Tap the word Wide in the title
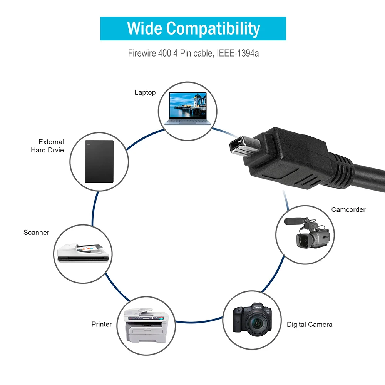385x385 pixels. [144, 28]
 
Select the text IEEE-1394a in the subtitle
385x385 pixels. [238, 53]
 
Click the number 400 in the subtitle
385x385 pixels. [164, 53]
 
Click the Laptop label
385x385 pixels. [145, 92]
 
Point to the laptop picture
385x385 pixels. [188, 109]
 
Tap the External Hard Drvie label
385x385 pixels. [47, 146]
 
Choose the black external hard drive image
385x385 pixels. [99, 162]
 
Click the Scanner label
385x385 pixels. [36, 232]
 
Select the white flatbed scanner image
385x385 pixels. [83, 253]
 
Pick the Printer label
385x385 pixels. [102, 324]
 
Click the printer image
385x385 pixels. [146, 325]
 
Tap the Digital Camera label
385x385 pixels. [310, 324]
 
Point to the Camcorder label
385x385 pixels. [348, 209]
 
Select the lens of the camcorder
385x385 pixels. [304, 241]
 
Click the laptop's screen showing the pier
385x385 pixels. [188, 106]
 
